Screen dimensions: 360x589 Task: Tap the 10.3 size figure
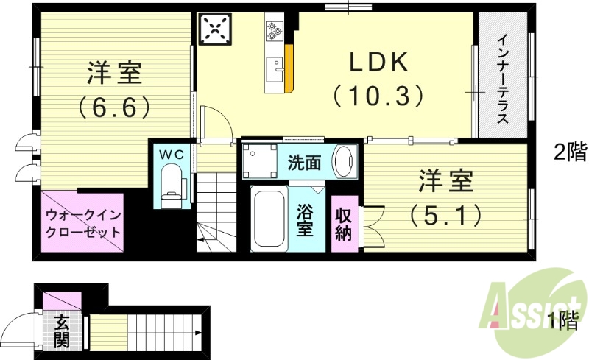coord(378,96)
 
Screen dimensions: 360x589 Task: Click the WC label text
coord(172,154)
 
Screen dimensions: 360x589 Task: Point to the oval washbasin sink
coord(343,160)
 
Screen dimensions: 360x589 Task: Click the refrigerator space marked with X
coord(215,29)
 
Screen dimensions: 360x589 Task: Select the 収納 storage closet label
coord(344,223)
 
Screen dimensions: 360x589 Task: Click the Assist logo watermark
coord(530,308)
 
